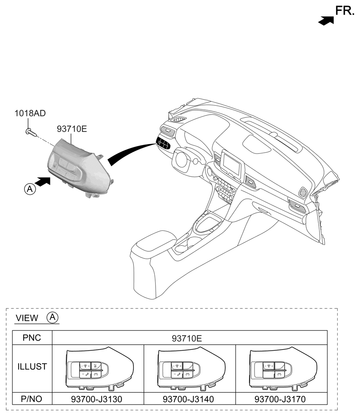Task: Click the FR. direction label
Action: [345, 11]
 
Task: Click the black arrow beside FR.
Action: [326, 21]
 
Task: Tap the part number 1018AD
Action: [30, 113]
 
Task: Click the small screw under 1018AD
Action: [31, 132]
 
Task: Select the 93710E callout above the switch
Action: [72, 129]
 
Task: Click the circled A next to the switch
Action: [30, 189]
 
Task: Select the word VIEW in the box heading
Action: [27, 318]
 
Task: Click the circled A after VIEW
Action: [53, 317]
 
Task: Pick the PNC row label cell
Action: [32, 338]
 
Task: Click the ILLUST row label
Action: [32, 366]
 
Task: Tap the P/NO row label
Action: [31, 399]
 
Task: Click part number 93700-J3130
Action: [97, 399]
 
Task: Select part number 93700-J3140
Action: [188, 399]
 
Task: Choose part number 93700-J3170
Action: [280, 399]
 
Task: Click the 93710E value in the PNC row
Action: [187, 338]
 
